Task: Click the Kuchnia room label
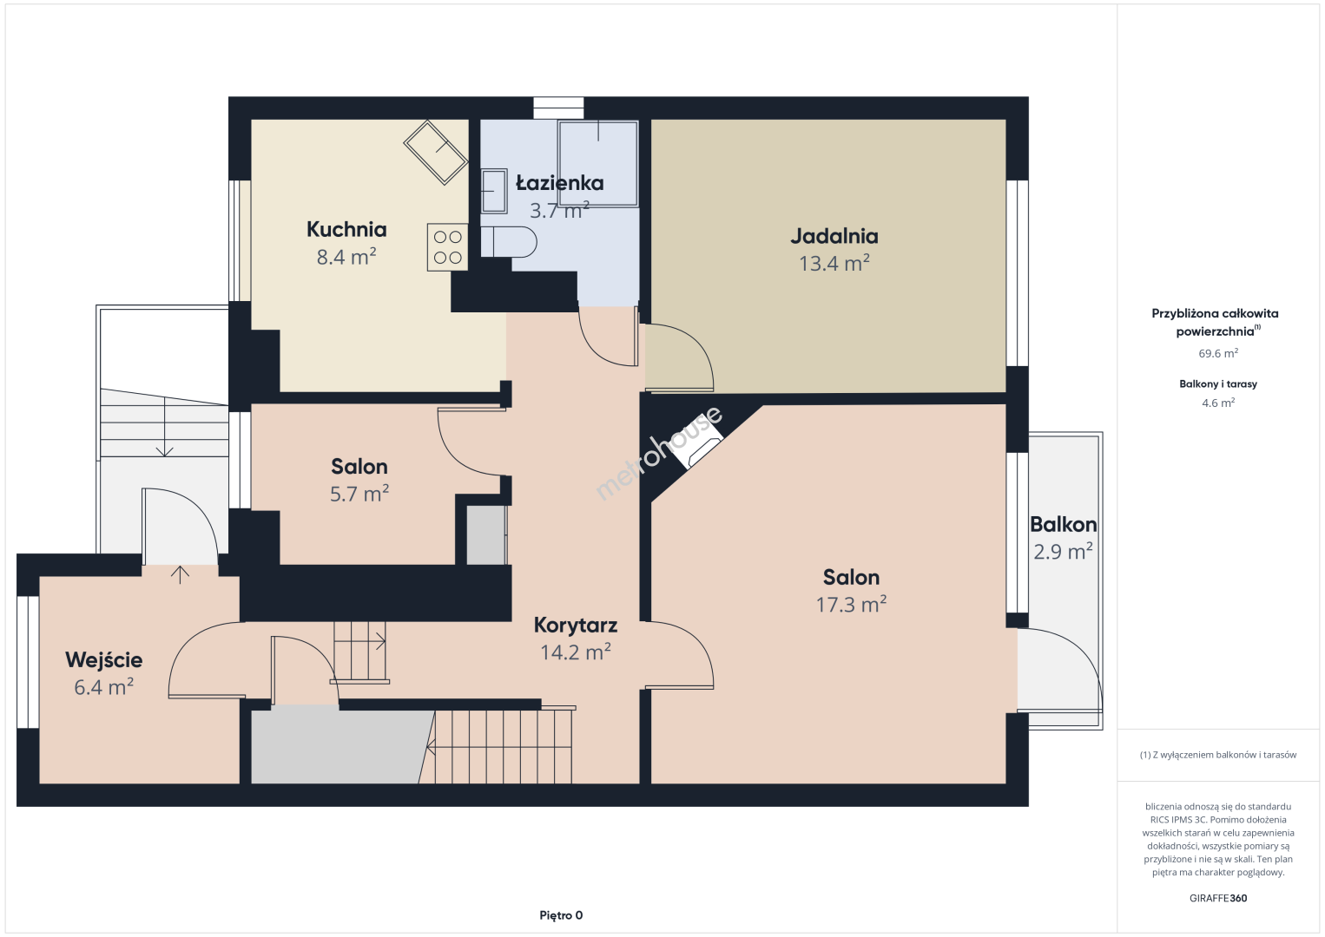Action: click(346, 229)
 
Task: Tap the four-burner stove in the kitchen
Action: click(448, 247)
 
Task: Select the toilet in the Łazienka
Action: click(508, 242)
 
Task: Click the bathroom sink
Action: click(494, 191)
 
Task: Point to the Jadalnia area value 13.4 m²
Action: click(834, 263)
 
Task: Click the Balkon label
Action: click(1063, 524)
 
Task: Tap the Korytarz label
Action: click(576, 625)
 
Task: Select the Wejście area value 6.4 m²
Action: click(103, 687)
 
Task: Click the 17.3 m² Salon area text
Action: click(851, 604)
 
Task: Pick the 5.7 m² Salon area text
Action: click(359, 494)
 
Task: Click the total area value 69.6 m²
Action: click(1218, 353)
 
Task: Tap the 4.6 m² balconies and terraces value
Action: click(1218, 403)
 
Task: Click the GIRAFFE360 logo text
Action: click(1218, 898)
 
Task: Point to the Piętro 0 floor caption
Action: click(561, 915)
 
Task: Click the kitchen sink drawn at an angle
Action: click(436, 153)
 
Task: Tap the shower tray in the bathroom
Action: click(598, 164)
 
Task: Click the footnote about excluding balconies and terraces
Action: click(1218, 755)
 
